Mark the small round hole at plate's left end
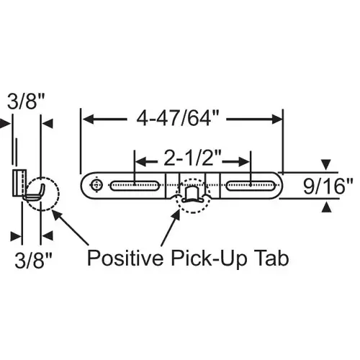(96, 186)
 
